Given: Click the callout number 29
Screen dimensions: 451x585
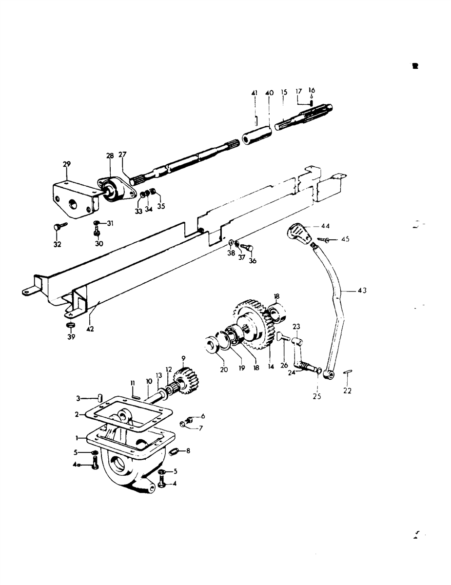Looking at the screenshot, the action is (x=66, y=164).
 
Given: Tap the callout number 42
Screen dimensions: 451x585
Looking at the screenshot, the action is (x=90, y=329).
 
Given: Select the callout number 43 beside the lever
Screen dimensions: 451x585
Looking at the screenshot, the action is (x=362, y=291).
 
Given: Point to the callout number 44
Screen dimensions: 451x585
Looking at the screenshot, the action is (x=325, y=226).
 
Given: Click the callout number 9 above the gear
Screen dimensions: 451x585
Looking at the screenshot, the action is (x=183, y=358).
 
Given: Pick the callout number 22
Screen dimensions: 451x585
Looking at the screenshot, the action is (x=347, y=390).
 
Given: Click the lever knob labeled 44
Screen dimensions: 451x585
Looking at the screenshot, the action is (x=300, y=234).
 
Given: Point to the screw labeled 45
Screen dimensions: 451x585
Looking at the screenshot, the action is (x=323, y=239).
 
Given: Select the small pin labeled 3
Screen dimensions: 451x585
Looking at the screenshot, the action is (x=99, y=397).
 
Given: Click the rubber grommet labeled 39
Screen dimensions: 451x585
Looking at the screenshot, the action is (x=71, y=325).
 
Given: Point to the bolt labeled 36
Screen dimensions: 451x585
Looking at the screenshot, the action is (x=247, y=246).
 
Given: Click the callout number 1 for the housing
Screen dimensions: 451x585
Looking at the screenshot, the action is (x=77, y=438).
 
